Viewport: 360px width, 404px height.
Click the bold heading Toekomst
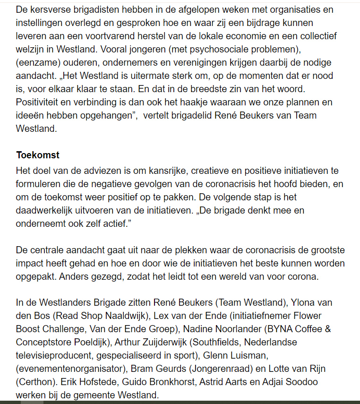tap(37, 155)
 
